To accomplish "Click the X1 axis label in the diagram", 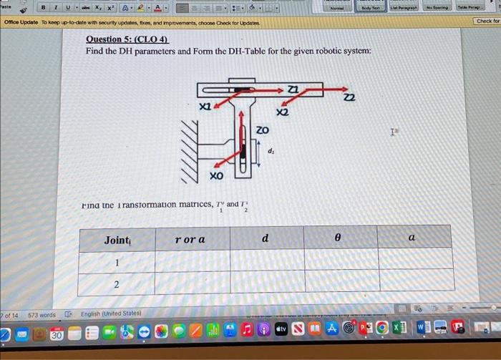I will click(x=205, y=106).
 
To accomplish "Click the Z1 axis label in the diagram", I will click(x=292, y=89).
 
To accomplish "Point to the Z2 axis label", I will click(x=349, y=97).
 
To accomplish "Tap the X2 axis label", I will click(x=282, y=112).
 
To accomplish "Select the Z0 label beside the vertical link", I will click(x=263, y=131).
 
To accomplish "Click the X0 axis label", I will click(x=215, y=175).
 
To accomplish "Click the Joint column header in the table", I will click(x=117, y=240).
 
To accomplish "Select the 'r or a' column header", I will click(x=190, y=239).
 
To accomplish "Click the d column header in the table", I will click(x=265, y=238).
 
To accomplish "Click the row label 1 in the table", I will click(x=116, y=263).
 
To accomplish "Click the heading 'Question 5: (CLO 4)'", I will click(x=127, y=39).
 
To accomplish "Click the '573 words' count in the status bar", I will click(x=42, y=314).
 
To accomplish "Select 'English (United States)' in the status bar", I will click(x=110, y=313).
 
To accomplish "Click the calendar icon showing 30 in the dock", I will click(x=56, y=334).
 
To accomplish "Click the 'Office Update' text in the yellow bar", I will click(x=22, y=23).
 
